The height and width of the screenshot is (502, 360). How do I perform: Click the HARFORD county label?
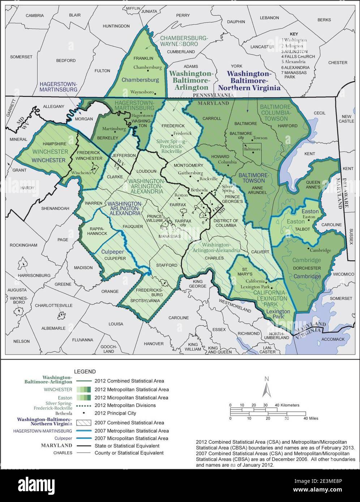coord(287,126)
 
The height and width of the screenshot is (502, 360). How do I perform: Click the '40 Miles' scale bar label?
coord(310,418)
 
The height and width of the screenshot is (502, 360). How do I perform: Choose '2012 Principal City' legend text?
coord(115,413)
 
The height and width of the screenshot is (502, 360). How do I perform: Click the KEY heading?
coord(294,35)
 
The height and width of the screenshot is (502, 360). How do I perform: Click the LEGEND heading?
coord(85,371)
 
